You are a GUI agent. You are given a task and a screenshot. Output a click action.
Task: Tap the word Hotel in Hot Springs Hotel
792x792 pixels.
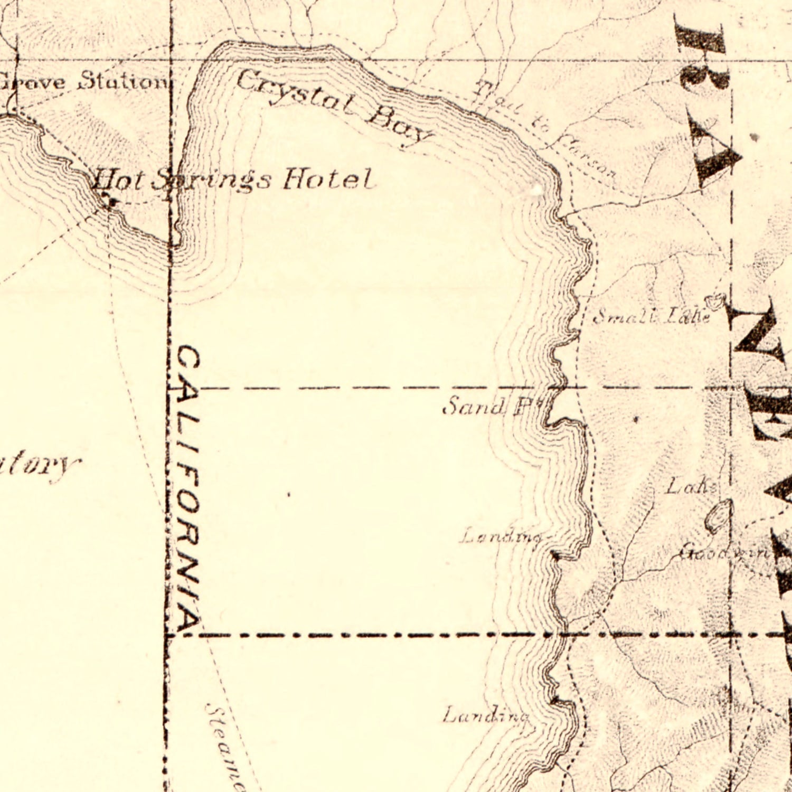pos(328,180)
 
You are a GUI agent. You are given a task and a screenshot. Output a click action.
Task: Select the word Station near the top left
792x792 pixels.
pos(122,82)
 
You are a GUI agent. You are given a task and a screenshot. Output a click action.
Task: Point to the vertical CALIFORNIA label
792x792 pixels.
pos(187,488)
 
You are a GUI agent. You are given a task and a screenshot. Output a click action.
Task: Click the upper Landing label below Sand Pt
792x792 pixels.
pos(501,538)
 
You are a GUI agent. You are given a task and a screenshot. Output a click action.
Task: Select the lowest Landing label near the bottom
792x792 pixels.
pos(486,716)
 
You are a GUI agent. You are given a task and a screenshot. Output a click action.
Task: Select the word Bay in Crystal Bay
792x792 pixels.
pos(399,127)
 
